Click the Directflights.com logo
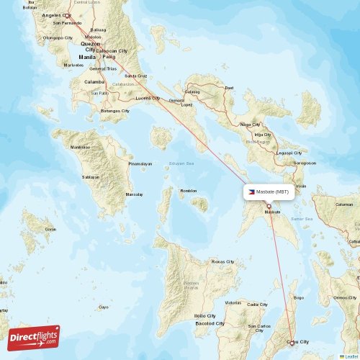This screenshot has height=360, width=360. [x=35, y=337]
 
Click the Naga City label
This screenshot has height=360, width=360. [x=250, y=125]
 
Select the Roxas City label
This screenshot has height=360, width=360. [x=222, y=261]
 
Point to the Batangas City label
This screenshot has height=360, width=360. [x=115, y=111]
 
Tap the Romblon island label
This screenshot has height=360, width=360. [x=189, y=191]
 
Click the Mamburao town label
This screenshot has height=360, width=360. [x=80, y=148]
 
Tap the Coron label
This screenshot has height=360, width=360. [x=50, y=229]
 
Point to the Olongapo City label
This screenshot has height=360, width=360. [x=58, y=37]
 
